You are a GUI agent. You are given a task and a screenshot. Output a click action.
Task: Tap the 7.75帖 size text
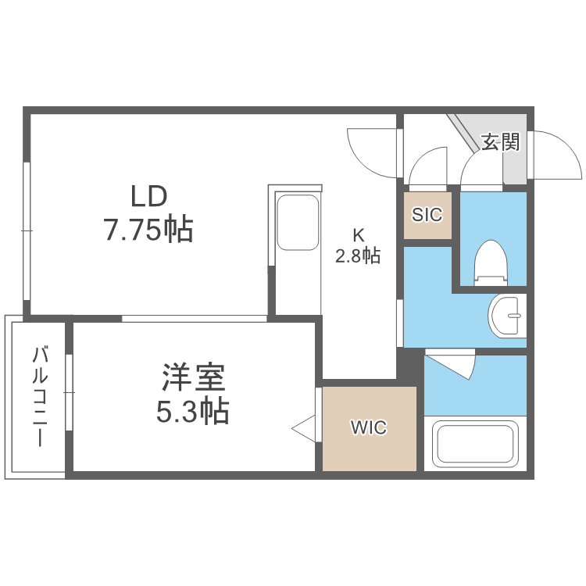[148, 229]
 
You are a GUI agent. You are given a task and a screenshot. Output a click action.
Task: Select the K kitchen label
[358, 234]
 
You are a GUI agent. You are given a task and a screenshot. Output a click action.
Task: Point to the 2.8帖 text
[358, 255]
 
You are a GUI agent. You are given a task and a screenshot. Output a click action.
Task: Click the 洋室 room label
[193, 378]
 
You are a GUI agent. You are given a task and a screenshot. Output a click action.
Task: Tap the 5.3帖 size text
[193, 410]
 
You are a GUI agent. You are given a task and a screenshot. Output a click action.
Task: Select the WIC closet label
[368, 428]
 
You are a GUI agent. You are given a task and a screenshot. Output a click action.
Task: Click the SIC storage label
[427, 214]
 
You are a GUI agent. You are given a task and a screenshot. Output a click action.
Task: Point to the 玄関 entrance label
[500, 142]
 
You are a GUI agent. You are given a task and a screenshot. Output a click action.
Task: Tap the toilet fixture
[491, 263]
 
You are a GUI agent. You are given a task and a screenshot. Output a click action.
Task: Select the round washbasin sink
[506, 316]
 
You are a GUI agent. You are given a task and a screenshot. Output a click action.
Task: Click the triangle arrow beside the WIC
[304, 428]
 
